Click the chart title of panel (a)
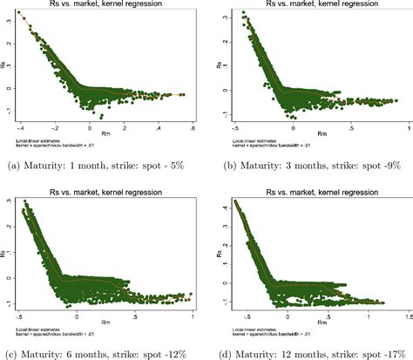103,4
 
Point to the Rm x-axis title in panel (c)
103,311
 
